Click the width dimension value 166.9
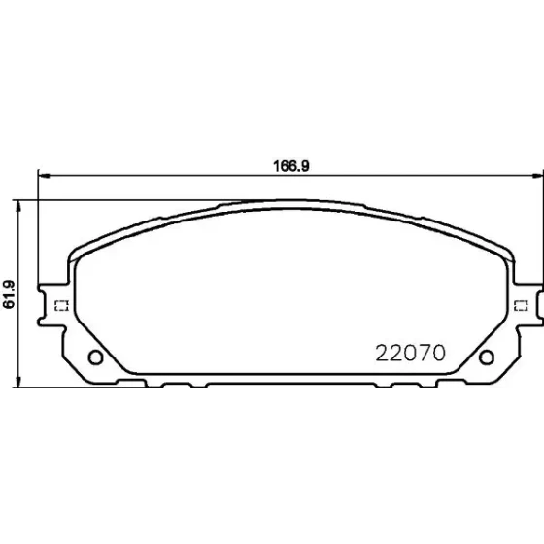click(x=291, y=166)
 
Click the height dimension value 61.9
click(x=9, y=294)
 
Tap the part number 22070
click(x=410, y=353)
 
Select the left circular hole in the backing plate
click(x=95, y=357)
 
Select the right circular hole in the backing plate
click(x=487, y=357)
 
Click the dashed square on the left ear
click(x=62, y=306)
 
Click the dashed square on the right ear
click(x=521, y=306)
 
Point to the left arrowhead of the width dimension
click(x=44, y=176)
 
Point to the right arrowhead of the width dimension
click(x=538, y=176)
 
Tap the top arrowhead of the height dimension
click(x=18, y=206)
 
